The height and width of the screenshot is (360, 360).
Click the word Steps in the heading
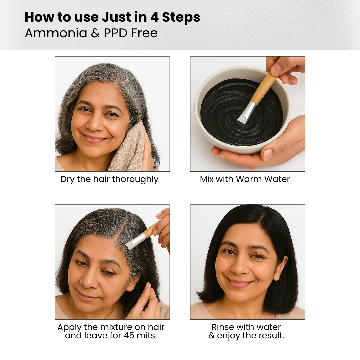(x=181, y=17)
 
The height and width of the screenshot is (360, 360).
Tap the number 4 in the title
(x=155, y=17)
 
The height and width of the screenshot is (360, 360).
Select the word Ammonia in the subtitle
(x=56, y=33)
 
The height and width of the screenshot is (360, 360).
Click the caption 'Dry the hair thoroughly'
(x=109, y=179)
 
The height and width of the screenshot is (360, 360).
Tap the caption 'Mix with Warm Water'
(x=245, y=179)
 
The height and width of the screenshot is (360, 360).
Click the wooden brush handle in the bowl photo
(x=264, y=88)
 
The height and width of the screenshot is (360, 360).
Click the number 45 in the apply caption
(x=129, y=336)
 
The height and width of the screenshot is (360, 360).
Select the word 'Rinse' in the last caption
(x=222, y=327)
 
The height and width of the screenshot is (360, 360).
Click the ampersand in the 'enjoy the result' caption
(x=211, y=336)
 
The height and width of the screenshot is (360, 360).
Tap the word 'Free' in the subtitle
(x=144, y=33)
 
